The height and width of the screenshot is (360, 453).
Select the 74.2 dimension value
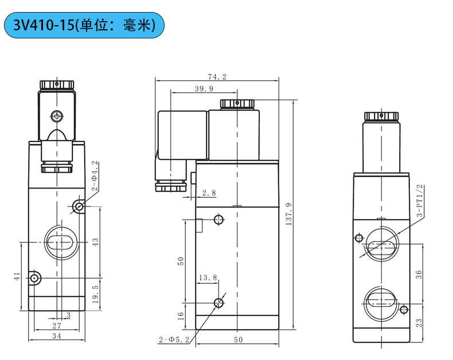point(218,76)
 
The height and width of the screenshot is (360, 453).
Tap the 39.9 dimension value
point(204,89)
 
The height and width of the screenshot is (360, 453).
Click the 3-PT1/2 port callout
point(419,200)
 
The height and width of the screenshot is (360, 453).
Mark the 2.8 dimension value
point(209,193)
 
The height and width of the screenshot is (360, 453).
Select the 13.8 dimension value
point(208,278)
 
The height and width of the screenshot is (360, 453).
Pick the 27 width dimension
point(56,325)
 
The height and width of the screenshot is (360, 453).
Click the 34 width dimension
point(56,336)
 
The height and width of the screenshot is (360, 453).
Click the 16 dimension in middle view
point(181,315)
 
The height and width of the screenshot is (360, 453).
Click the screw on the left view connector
point(57,116)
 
